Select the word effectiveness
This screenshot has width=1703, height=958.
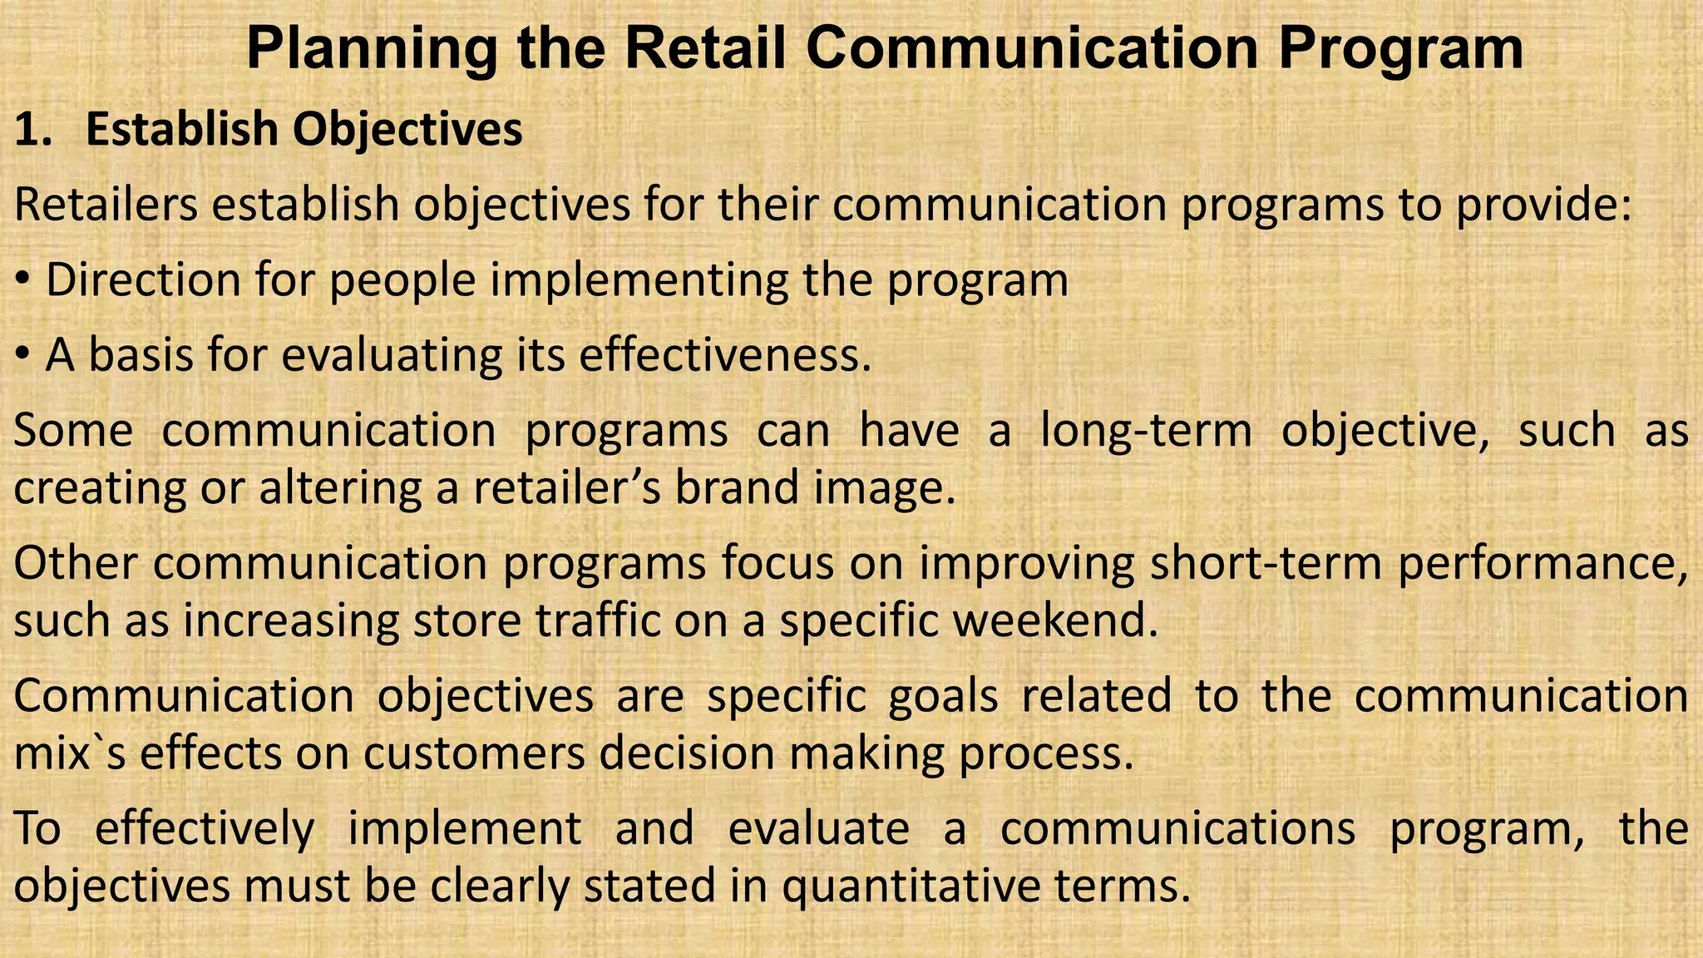pyautogui.click(x=724, y=356)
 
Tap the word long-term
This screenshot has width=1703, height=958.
pyautogui.click(x=1146, y=431)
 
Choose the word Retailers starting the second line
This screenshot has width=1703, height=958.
pyautogui.click(x=106, y=205)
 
